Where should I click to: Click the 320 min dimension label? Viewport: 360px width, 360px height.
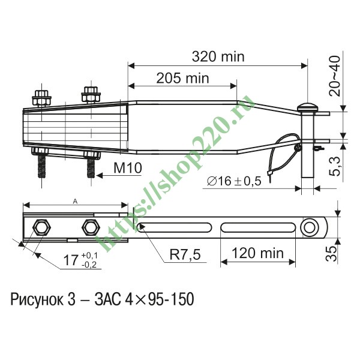[x=218, y=56]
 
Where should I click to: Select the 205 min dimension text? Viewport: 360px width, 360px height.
[x=182, y=78]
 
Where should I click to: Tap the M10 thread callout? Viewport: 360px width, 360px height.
[x=128, y=168]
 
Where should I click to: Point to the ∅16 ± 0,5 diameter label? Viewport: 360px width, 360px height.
[x=234, y=181]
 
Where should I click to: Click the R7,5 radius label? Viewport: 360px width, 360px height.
[x=185, y=254]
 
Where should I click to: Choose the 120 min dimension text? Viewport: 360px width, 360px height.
[x=258, y=253]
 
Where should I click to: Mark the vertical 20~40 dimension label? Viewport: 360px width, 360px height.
[x=334, y=76]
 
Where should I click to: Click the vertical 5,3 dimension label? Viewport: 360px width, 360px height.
[x=335, y=166]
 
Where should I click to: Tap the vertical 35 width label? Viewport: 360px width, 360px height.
[x=332, y=254]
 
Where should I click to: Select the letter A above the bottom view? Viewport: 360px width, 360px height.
[x=75, y=202]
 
